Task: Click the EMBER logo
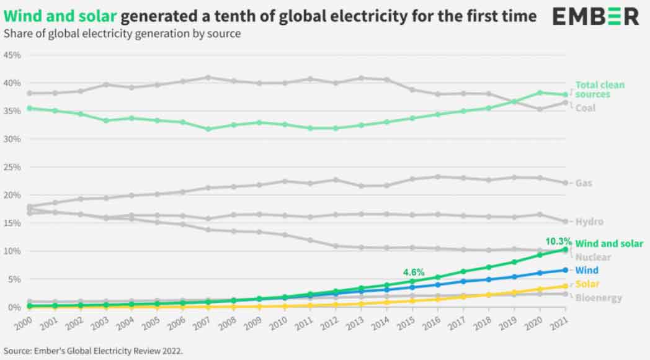coord(595,17)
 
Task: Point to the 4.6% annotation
coord(414,271)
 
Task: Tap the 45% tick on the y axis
coord(12,55)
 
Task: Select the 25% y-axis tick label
coord(12,167)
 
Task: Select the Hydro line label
coord(589,222)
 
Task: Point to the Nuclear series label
coord(593,257)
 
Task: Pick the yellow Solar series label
coord(587,284)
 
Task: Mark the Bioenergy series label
coord(599,298)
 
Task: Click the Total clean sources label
coord(600,89)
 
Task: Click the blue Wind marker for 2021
coord(565,269)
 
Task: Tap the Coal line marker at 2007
coord(208,78)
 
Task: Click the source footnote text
coord(93,350)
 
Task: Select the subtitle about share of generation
coord(122,34)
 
